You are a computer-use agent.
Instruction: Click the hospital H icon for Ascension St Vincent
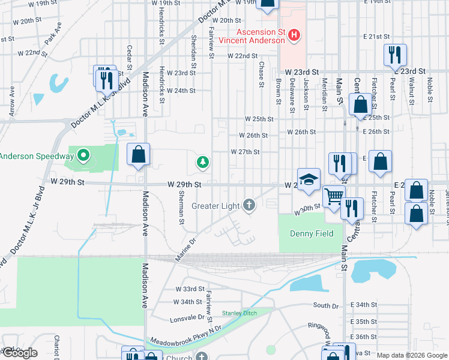pyautogui.click(x=294, y=35)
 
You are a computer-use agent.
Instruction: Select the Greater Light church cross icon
pyautogui.click(x=249, y=206)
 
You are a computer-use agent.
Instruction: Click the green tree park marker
pyautogui.click(x=203, y=161)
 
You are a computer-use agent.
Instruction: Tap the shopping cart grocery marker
pyautogui.click(x=334, y=196)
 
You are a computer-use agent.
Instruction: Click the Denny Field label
pyautogui.click(x=311, y=233)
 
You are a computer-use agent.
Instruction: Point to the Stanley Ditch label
pyautogui.click(x=240, y=313)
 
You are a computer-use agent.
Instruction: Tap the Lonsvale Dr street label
pyautogui.click(x=187, y=317)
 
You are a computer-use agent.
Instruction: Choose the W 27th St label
pyautogui.click(x=245, y=152)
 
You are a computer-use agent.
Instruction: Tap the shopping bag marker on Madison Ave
pyautogui.click(x=139, y=155)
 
